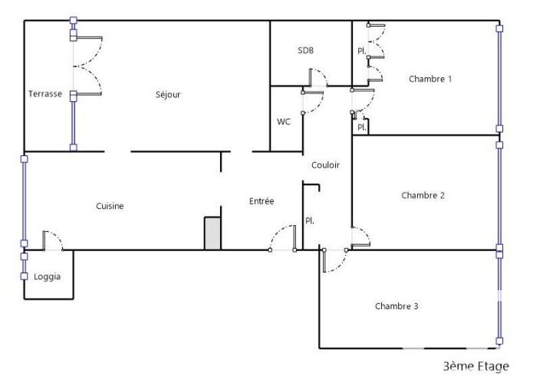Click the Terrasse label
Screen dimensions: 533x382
tap(45, 93)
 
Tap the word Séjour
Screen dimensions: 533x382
tap(168, 95)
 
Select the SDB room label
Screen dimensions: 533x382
tap(305, 51)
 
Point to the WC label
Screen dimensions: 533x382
tap(284, 122)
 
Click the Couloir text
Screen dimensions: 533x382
tap(325, 165)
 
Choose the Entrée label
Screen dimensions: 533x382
tap(262, 201)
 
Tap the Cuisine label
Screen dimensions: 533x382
tap(110, 206)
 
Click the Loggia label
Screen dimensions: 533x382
tap(48, 277)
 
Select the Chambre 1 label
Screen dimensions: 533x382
tap(430, 79)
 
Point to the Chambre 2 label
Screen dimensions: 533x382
tap(423, 195)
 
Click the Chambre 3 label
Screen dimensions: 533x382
tap(396, 306)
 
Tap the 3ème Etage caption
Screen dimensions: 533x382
tap(476, 366)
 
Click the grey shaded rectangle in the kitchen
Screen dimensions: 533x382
tap(212, 233)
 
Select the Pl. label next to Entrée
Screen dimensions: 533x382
tap(310, 220)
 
